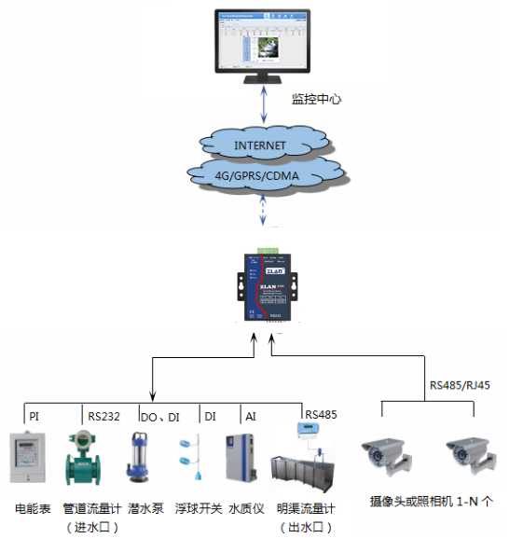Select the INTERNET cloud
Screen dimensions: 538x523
point(260,145)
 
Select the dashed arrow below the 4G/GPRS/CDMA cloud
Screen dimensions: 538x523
point(265,213)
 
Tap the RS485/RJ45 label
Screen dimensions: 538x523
point(459,384)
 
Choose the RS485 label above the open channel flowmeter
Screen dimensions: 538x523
point(321,415)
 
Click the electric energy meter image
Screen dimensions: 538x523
point(27,457)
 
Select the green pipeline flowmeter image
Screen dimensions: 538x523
point(83,458)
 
